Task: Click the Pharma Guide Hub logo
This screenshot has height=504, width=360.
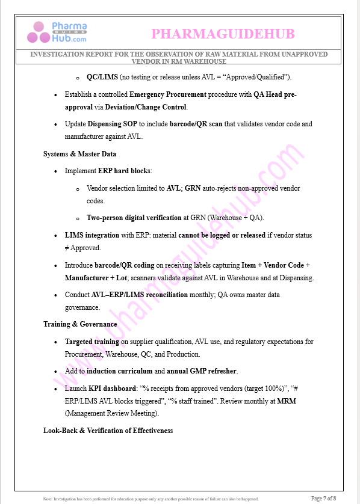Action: click(x=60, y=32)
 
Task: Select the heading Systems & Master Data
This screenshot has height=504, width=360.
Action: click(x=79, y=154)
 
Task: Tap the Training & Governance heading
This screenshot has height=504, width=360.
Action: click(x=80, y=324)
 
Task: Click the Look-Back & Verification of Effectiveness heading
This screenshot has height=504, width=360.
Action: click(x=108, y=431)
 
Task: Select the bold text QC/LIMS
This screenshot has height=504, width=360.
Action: click(x=102, y=78)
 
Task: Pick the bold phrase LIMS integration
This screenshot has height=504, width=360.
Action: click(x=92, y=235)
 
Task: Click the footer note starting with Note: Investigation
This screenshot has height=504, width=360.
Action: click(x=151, y=499)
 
